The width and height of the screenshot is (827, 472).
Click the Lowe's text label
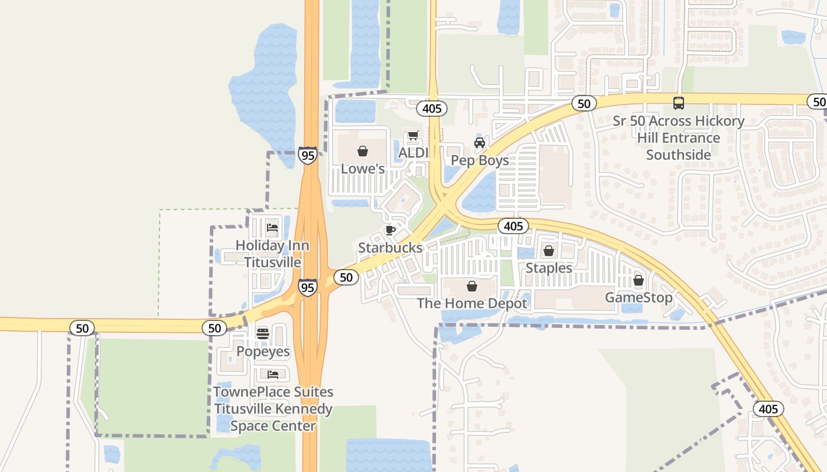click(x=363, y=169)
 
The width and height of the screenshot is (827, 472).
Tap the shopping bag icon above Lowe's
click(x=363, y=152)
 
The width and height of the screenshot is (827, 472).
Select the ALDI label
click(x=413, y=153)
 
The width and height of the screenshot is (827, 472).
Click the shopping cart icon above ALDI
click(x=413, y=136)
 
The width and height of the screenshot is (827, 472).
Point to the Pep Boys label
click(x=480, y=160)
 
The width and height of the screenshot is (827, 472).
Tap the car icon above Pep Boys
click(x=480, y=143)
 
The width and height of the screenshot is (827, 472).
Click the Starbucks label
click(x=390, y=248)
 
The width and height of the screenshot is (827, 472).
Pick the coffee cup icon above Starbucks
click(x=390, y=230)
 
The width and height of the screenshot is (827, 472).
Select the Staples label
click(x=549, y=268)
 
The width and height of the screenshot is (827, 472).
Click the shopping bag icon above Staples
click(x=549, y=251)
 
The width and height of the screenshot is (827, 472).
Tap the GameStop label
click(x=639, y=297)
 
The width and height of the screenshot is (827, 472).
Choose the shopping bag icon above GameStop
click(x=639, y=281)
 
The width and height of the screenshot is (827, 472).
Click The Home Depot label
click(x=472, y=304)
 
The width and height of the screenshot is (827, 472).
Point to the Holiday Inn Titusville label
click(x=272, y=254)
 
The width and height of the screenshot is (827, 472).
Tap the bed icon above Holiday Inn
click(x=272, y=227)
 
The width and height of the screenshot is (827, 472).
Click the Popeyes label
click(x=263, y=352)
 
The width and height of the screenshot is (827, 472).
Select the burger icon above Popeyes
click(x=263, y=334)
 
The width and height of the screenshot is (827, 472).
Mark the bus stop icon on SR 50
click(x=679, y=103)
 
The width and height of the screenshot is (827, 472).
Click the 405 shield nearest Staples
click(x=513, y=226)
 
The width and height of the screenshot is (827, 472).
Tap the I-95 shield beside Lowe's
click(x=307, y=156)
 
